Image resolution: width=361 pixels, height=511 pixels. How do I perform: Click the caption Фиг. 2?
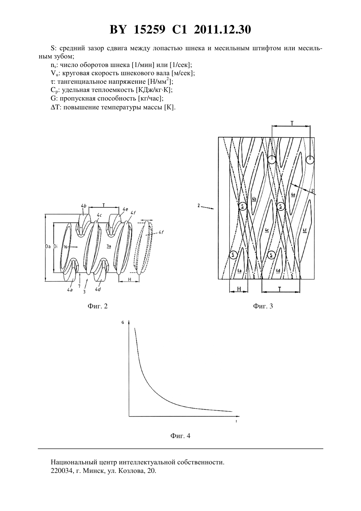click(97, 306)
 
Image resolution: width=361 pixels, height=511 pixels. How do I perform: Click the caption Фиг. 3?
click(263, 306)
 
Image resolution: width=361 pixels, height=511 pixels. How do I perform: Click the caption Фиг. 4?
click(180, 436)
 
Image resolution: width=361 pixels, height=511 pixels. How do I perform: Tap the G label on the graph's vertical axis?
click(123, 323)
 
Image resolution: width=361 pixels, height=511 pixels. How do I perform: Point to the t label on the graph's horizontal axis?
click(236, 421)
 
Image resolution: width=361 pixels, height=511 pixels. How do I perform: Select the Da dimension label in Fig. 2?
click(48, 247)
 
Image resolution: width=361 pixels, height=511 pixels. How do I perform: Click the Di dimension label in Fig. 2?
click(55, 247)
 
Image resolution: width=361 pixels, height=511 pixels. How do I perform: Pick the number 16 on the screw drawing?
click(66, 247)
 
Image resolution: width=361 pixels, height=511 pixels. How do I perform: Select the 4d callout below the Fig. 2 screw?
click(98, 290)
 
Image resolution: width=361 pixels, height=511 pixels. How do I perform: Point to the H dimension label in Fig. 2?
click(129, 279)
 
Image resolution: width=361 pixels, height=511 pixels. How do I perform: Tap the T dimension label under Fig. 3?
click(280, 289)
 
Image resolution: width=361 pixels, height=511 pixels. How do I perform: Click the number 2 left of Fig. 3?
click(199, 206)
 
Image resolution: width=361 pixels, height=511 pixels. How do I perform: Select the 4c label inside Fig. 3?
click(267, 231)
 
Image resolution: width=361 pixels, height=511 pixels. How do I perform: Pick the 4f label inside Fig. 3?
click(305, 231)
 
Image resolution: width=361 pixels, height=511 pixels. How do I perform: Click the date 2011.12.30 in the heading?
click(223, 30)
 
